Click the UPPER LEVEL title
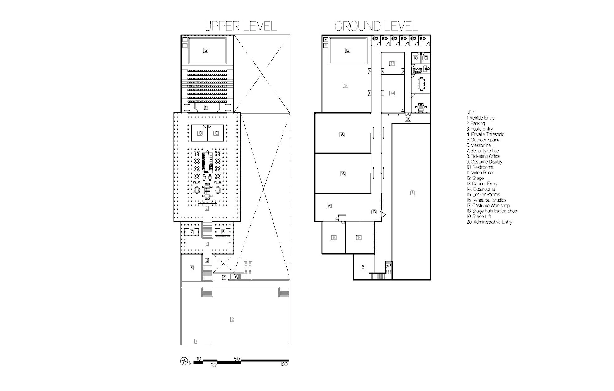pyautogui.click(x=240, y=26)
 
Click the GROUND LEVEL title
pyautogui.click(x=376, y=26)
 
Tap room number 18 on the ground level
pyautogui.click(x=345, y=85)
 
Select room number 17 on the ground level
pyautogui.click(x=392, y=64)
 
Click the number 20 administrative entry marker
pyautogui.click(x=408, y=119)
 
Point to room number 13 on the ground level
pyautogui.click(x=374, y=212)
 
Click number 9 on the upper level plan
pyautogui.click(x=206, y=208)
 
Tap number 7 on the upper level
pyautogui.click(x=192, y=232)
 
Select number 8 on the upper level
pyautogui.click(x=223, y=232)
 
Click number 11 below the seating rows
pyautogui.click(x=206, y=107)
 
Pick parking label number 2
pyautogui.click(x=232, y=319)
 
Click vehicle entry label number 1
pyautogui.click(x=196, y=341)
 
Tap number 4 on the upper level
pyautogui.click(x=224, y=277)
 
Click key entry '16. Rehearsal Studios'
pyautogui.click(x=486, y=200)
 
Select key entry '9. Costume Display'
pyautogui.click(x=484, y=162)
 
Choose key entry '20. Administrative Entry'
pyautogui.click(x=489, y=222)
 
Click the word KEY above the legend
pyautogui.click(x=470, y=112)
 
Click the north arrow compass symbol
pyautogui.click(x=183, y=362)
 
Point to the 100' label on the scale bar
pyautogui.click(x=284, y=364)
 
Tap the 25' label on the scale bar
pyautogui.click(x=213, y=365)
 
